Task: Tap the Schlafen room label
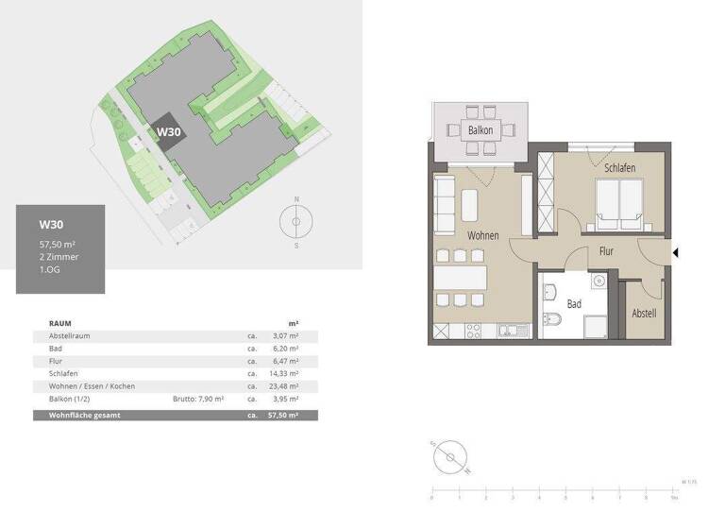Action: tap(615, 167)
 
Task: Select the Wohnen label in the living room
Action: tap(482, 235)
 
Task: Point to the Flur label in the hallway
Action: tap(607, 251)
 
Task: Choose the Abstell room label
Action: tap(644, 314)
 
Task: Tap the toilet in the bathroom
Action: tap(552, 319)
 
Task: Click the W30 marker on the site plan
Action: tap(168, 132)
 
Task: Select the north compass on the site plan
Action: tap(296, 223)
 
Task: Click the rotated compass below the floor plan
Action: tap(451, 457)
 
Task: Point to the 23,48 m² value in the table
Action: tap(286, 386)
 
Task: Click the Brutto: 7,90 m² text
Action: tap(198, 400)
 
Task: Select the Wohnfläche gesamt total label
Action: tap(81, 415)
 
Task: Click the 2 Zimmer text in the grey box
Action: tap(59, 256)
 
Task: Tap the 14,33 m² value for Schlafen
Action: tap(286, 374)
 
